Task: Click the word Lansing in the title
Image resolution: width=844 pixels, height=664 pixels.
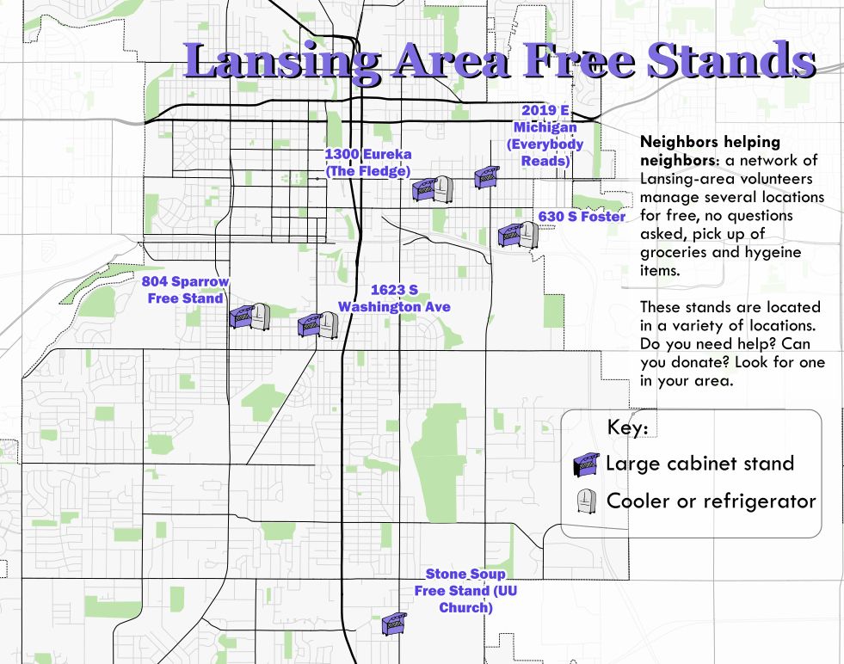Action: coord(282,62)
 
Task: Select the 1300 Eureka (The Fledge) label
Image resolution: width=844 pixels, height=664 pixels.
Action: coord(367,163)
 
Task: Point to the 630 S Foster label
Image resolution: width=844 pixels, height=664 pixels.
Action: coord(582,217)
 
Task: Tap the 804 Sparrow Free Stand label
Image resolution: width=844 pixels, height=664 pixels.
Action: coord(185,290)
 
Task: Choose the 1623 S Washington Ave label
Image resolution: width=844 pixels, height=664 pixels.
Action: coord(394,298)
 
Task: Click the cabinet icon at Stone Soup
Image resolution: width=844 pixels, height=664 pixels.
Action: coord(394,624)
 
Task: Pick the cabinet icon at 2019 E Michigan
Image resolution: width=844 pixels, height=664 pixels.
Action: coord(487,177)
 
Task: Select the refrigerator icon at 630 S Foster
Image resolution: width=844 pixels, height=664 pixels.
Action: coord(527,234)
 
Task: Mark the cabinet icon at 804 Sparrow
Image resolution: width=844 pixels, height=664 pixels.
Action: coord(241,317)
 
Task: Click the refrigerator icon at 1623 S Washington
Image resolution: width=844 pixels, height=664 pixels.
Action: coord(328,324)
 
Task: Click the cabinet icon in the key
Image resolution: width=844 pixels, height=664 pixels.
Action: coord(586,464)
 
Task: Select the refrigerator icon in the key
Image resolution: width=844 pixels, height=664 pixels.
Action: coord(586,501)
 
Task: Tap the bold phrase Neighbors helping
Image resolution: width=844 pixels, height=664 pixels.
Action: coord(711,142)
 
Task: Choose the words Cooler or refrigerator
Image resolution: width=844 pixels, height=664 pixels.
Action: coord(711,501)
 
